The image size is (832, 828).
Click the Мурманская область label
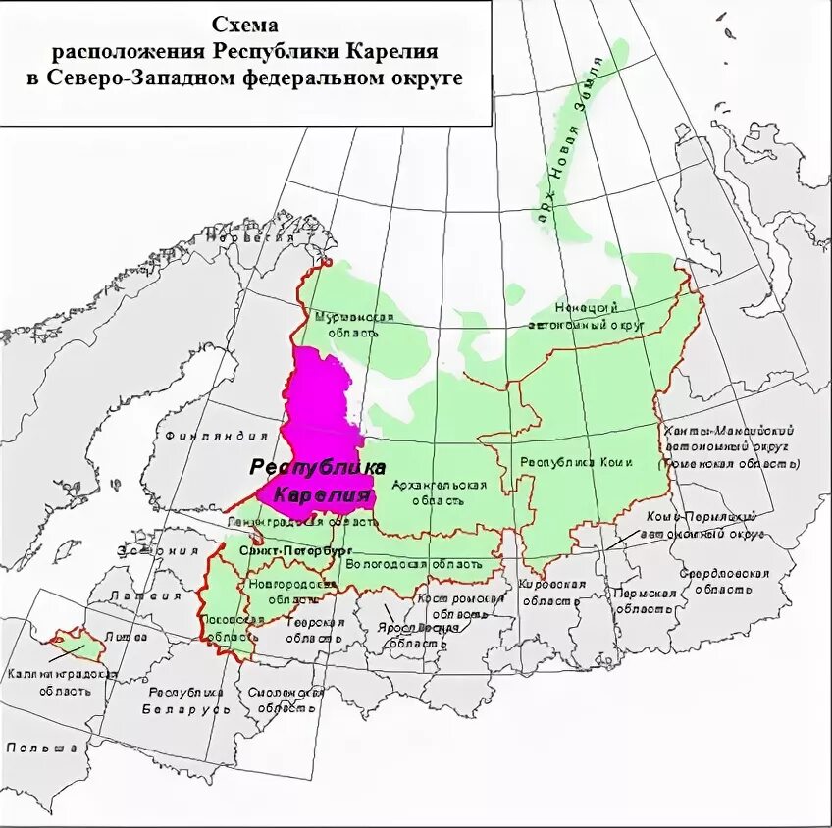point(354,325)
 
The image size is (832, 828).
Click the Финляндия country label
point(203,435)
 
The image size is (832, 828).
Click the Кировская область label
point(551,593)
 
